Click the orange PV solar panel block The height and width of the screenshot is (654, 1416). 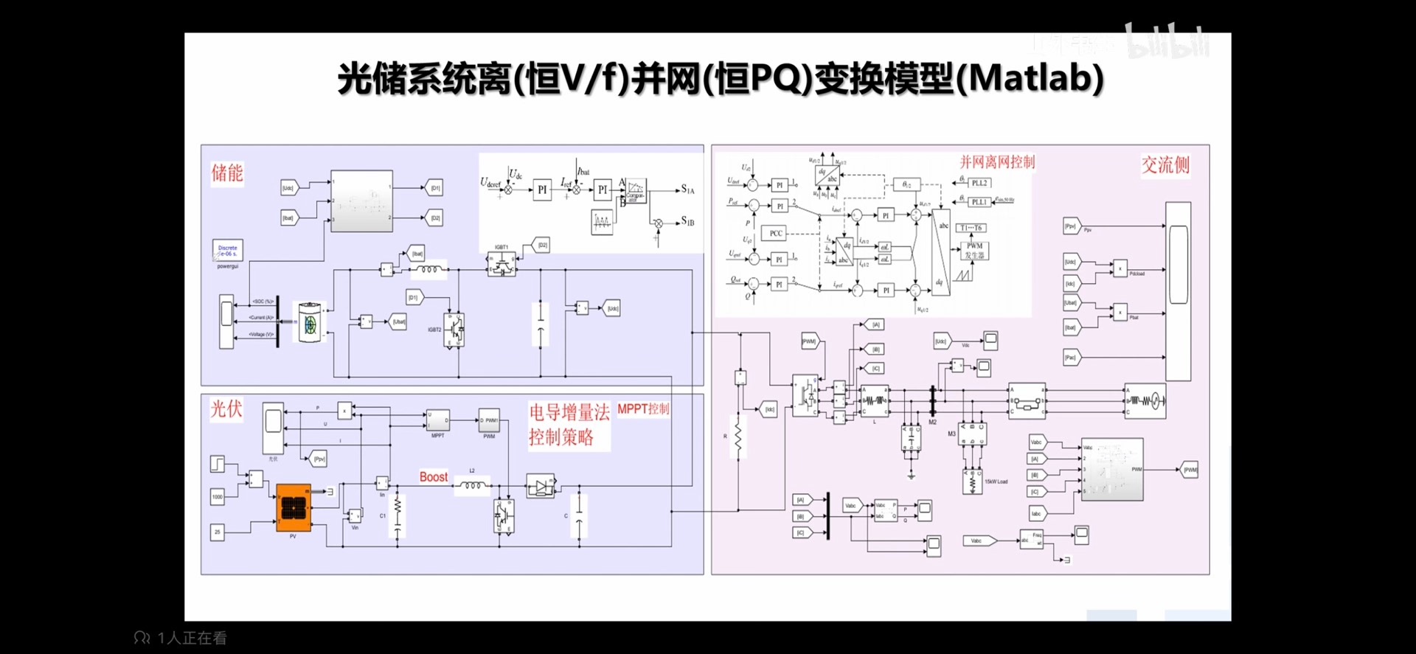click(x=294, y=507)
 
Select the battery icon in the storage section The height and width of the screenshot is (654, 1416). click(x=310, y=322)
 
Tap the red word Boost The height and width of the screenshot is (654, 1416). click(x=434, y=477)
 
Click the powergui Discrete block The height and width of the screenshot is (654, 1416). click(x=227, y=251)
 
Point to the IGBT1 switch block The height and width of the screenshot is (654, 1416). click(x=502, y=263)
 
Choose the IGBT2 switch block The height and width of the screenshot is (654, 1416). click(x=454, y=330)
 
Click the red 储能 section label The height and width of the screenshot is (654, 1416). click(x=227, y=173)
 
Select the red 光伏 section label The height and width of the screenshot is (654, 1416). click(x=226, y=409)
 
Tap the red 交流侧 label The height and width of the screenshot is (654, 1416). click(x=1165, y=165)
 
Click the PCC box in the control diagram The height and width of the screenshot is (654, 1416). click(x=776, y=233)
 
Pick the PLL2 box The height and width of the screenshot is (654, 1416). click(x=979, y=183)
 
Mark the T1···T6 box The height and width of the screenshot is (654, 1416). click(x=971, y=228)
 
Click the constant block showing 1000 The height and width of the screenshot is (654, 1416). click(x=218, y=496)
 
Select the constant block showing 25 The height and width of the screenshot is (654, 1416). click(x=218, y=532)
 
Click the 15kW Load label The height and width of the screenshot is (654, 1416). click(x=996, y=481)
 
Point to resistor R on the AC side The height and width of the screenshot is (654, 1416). click(x=738, y=436)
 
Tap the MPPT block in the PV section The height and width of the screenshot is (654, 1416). click(x=438, y=420)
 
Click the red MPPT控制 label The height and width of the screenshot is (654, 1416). click(x=643, y=409)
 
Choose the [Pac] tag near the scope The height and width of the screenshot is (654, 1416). click(x=1071, y=358)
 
